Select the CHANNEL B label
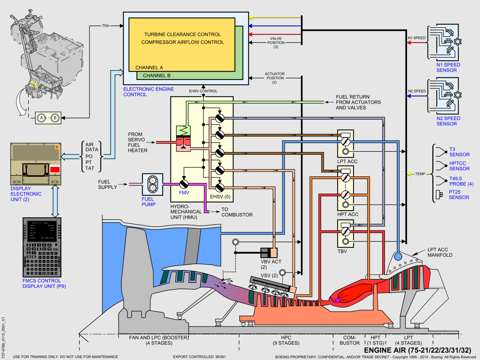156,75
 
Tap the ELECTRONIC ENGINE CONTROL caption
148,92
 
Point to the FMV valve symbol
184,184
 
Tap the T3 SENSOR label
459,152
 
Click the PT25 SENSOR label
459,195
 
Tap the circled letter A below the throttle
41,118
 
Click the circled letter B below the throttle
55,118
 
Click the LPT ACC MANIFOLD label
441,253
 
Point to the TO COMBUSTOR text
237,212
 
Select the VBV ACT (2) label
271,264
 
